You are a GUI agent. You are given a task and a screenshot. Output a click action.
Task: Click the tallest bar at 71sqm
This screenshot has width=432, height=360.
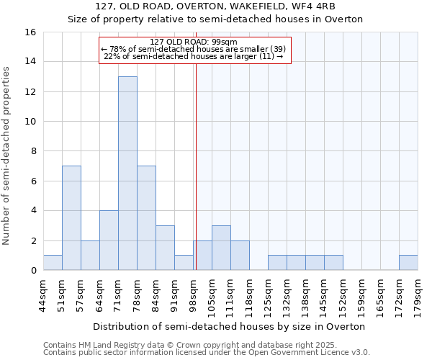click(x=127, y=174)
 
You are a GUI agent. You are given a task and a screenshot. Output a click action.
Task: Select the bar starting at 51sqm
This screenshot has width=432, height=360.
click(x=71, y=218)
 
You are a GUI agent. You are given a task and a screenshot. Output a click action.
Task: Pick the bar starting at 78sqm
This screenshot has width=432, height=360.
click(x=146, y=218)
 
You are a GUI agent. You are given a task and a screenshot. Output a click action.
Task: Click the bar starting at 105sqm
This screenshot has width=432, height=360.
click(x=221, y=248)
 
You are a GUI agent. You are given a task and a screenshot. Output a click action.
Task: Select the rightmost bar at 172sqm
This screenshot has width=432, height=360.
click(x=408, y=263)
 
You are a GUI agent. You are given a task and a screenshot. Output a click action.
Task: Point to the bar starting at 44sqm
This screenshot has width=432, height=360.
click(x=53, y=263)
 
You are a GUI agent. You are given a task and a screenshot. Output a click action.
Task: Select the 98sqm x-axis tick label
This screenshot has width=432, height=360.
click(x=193, y=293)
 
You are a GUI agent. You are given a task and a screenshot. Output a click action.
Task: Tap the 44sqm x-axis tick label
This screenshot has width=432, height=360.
click(x=43, y=293)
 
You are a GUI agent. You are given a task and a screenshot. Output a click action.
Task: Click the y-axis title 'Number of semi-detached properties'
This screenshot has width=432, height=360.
click(x=7, y=156)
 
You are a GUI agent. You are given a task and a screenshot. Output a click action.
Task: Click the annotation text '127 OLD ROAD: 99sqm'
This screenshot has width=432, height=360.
click(x=194, y=42)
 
